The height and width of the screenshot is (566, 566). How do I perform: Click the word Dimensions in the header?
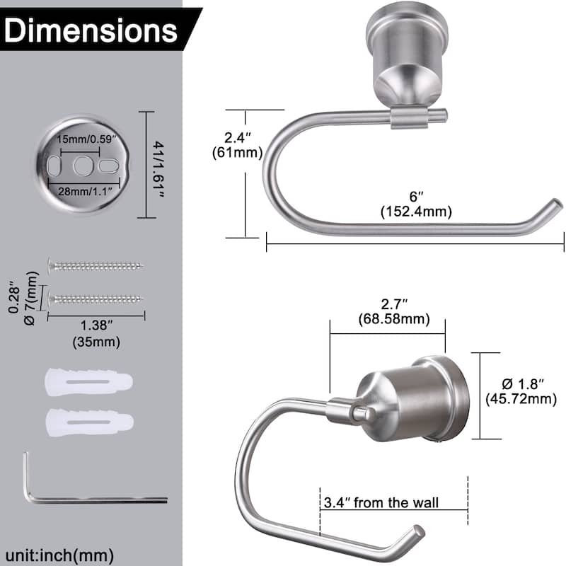[x=93, y=31]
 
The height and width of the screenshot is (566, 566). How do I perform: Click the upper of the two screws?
[x=96, y=266]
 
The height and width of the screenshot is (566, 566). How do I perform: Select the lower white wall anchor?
[x=88, y=422]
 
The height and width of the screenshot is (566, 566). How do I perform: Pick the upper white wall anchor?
[x=88, y=383]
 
